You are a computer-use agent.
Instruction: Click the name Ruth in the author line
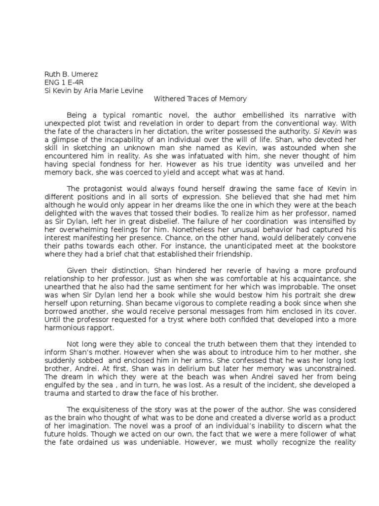coord(52,75)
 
